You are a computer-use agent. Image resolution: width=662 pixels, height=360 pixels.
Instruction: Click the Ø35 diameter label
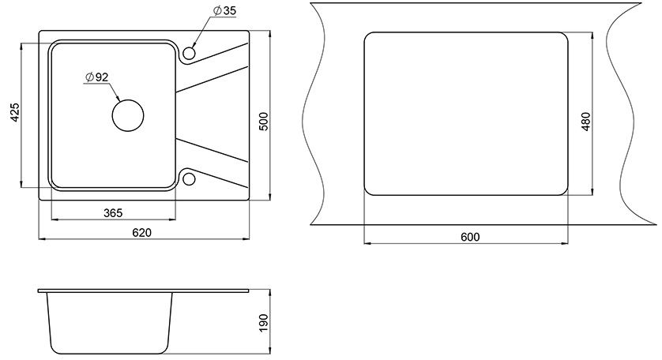(224, 10)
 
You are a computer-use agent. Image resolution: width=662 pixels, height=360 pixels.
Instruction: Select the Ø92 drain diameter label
(96, 77)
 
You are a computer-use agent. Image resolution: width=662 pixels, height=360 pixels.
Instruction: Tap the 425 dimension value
(15, 112)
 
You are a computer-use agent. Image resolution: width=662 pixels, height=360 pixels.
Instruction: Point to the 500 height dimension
(263, 122)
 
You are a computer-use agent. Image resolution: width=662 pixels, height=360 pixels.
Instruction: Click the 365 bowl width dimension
(113, 213)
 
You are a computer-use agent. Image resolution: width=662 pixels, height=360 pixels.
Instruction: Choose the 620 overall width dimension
(141, 233)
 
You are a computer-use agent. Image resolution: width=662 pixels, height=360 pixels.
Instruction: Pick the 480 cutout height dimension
(586, 122)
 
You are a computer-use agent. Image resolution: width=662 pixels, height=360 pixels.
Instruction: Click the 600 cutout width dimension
(470, 237)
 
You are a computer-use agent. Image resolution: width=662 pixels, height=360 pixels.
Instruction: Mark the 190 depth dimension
(263, 323)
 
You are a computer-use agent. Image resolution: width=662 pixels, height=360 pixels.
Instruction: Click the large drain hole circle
(128, 99)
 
